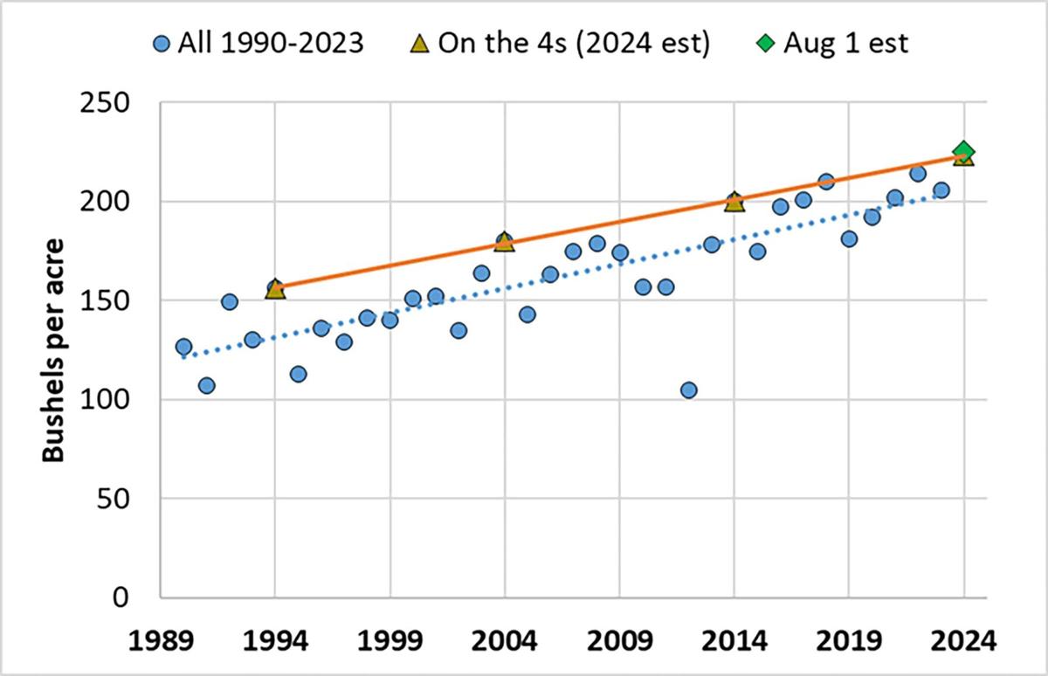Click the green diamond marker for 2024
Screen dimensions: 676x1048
pyautogui.click(x=963, y=151)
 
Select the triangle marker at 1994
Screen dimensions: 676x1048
pyautogui.click(x=275, y=289)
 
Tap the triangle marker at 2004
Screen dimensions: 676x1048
pyautogui.click(x=505, y=242)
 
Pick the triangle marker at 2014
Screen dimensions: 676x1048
pyautogui.click(x=734, y=202)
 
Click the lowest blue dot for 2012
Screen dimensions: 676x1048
pyautogui.click(x=688, y=390)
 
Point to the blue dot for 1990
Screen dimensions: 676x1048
pyautogui.click(x=183, y=347)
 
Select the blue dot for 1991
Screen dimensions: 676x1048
pyautogui.click(x=206, y=385)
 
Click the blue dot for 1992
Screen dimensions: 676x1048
pyautogui.click(x=230, y=302)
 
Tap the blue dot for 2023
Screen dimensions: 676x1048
pyautogui.click(x=941, y=190)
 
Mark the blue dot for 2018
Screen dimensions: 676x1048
pyautogui.click(x=826, y=182)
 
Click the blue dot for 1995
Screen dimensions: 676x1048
pyautogui.click(x=298, y=374)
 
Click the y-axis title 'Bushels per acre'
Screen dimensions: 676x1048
pyautogui.click(x=54, y=349)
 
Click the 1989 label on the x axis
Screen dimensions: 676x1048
pyautogui.click(x=161, y=639)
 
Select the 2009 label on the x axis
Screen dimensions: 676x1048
pyautogui.click(x=619, y=639)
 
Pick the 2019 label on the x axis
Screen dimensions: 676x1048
pyautogui.click(x=849, y=639)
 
